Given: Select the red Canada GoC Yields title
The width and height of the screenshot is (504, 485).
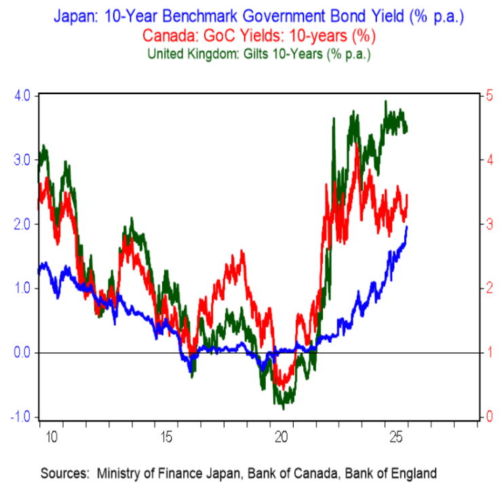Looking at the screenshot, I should [x=252, y=34].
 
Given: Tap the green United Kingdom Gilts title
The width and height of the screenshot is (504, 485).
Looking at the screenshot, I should [x=252, y=51].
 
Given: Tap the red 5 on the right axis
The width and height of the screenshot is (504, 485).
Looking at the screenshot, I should [x=480, y=96].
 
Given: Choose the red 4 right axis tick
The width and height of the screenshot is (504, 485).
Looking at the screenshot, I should [x=480, y=160].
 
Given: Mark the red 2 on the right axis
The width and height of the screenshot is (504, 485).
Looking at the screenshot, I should [x=480, y=289].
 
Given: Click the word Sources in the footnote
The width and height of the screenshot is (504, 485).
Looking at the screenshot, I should [x=66, y=472].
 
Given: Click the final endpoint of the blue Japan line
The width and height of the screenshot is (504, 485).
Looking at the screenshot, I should [x=407, y=227].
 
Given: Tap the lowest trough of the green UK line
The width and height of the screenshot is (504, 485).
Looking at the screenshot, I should [x=284, y=408].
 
